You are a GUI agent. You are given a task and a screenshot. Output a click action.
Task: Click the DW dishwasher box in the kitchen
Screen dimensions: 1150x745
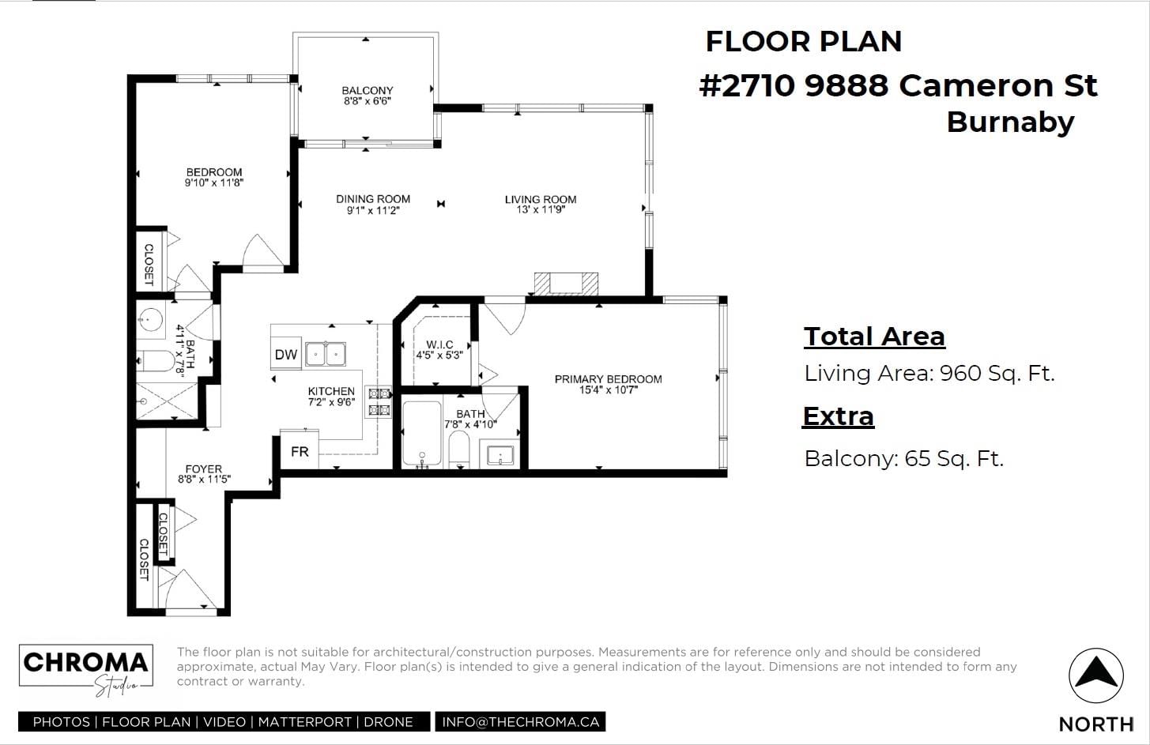click(286, 353)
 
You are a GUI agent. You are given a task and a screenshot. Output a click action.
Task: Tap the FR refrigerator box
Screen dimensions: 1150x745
click(300, 450)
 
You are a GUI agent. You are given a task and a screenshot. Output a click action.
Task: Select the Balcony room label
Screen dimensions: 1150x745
click(368, 90)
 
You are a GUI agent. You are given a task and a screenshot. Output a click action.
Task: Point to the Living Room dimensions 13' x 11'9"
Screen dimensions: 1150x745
click(541, 209)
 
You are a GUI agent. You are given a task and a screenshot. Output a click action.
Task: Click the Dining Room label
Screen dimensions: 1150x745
click(373, 198)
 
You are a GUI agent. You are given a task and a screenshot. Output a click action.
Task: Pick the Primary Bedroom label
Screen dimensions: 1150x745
click(609, 378)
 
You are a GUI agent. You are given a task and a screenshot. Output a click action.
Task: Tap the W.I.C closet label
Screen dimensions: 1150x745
click(439, 344)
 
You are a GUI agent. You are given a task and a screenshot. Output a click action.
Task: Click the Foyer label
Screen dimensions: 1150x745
click(204, 468)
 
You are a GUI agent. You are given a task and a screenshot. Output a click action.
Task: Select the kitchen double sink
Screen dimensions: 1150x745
click(326, 353)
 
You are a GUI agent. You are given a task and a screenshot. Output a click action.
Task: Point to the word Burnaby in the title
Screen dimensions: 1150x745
click(1010, 122)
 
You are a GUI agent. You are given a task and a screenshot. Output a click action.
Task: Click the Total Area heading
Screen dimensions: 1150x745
click(874, 337)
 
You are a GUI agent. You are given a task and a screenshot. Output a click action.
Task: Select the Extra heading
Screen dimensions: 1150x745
click(839, 416)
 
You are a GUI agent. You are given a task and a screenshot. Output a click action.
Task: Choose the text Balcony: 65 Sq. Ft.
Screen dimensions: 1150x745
click(904, 458)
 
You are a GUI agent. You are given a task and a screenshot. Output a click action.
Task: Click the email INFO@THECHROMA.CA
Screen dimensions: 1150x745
click(521, 722)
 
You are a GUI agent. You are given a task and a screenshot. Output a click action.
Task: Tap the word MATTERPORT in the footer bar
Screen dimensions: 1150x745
click(305, 722)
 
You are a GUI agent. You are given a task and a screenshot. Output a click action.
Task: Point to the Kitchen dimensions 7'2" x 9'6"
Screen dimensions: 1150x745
click(332, 402)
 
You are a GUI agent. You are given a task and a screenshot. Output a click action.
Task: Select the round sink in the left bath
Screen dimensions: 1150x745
click(149, 320)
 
